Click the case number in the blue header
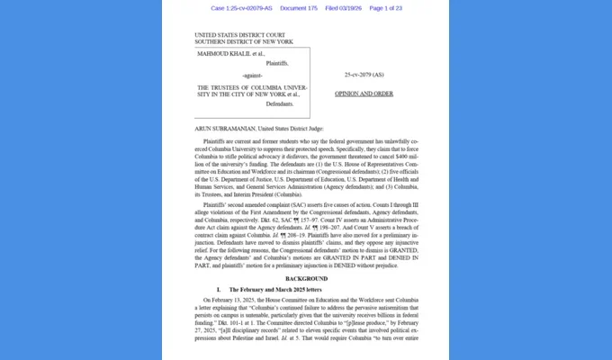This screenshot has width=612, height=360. [x=238, y=8]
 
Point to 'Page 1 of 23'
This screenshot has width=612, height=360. [x=386, y=8]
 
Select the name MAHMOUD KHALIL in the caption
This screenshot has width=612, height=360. [x=222, y=53]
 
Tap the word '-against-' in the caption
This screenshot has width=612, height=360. [x=254, y=76]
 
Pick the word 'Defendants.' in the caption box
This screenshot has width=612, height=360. [x=280, y=104]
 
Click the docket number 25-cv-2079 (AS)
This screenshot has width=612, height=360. [x=364, y=75]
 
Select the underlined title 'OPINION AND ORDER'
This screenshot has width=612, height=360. [x=364, y=94]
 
